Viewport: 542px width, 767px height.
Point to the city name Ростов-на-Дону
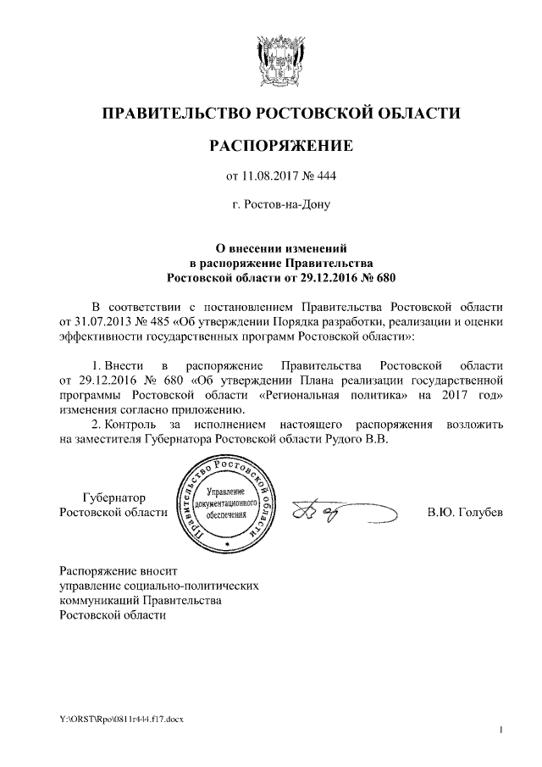280,205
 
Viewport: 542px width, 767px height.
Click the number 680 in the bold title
385,277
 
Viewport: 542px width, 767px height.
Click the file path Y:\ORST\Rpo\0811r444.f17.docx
117,720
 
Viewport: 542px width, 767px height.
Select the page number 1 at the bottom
502,730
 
